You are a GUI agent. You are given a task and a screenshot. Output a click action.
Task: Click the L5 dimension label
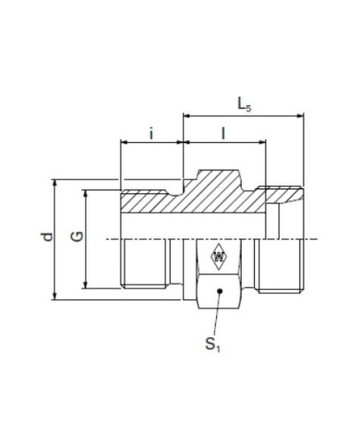245,104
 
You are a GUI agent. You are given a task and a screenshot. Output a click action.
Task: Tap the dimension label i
151,133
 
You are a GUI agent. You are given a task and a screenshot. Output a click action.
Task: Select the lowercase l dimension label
223,133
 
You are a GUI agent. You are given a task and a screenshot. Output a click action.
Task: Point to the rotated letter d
47,236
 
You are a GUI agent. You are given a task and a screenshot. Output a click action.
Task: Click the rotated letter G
78,236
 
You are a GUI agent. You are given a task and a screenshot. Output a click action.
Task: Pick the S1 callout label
213,344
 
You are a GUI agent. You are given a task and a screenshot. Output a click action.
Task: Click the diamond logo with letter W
219,257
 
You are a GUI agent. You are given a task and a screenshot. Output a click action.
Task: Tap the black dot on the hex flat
220,291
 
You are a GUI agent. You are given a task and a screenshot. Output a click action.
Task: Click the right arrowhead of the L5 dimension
300,115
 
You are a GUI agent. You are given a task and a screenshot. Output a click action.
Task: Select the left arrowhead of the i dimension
124,142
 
